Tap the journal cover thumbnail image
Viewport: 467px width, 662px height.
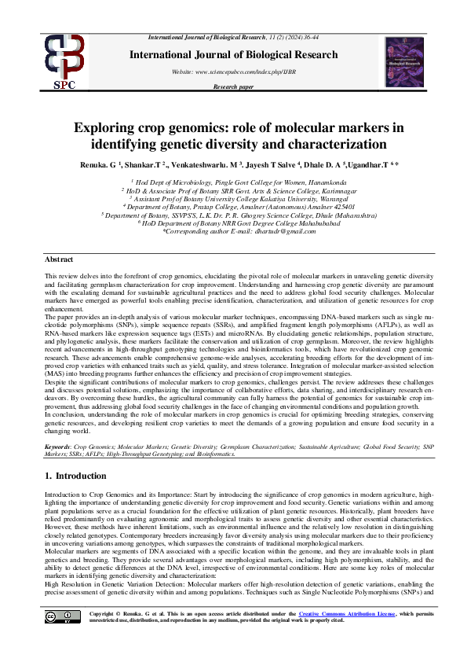(403, 61)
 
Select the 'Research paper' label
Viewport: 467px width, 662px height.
(233, 86)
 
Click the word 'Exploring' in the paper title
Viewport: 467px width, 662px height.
(103, 129)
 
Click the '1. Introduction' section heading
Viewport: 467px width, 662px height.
(75, 476)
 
